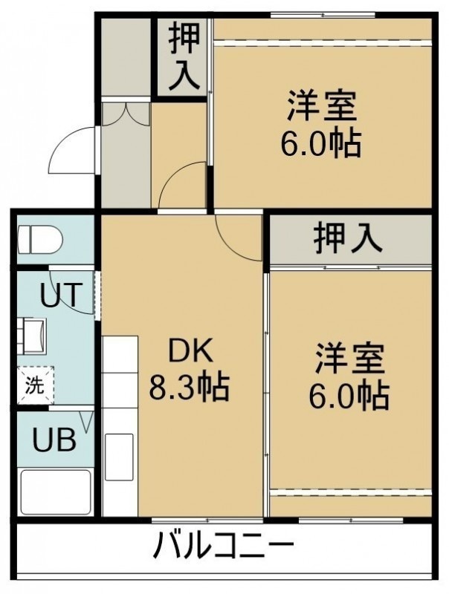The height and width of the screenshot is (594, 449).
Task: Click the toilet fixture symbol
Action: click(40, 240)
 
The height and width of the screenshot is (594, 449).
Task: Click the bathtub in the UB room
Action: click(55, 492)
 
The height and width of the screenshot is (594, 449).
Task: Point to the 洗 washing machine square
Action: click(36, 385)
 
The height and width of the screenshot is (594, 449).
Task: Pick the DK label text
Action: click(190, 351)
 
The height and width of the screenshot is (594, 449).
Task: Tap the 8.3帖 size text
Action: click(190, 387)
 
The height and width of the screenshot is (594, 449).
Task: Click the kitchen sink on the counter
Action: click(119, 457)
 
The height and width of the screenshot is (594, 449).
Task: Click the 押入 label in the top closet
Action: click(184, 56)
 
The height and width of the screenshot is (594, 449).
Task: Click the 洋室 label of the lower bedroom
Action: click(350, 358)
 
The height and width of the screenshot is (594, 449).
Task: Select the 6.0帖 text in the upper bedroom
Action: click(321, 144)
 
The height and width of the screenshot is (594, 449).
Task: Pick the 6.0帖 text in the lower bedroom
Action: click(349, 396)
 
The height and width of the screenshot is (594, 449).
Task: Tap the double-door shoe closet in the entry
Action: click(126, 114)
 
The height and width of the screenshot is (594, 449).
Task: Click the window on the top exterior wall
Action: click(323, 15)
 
